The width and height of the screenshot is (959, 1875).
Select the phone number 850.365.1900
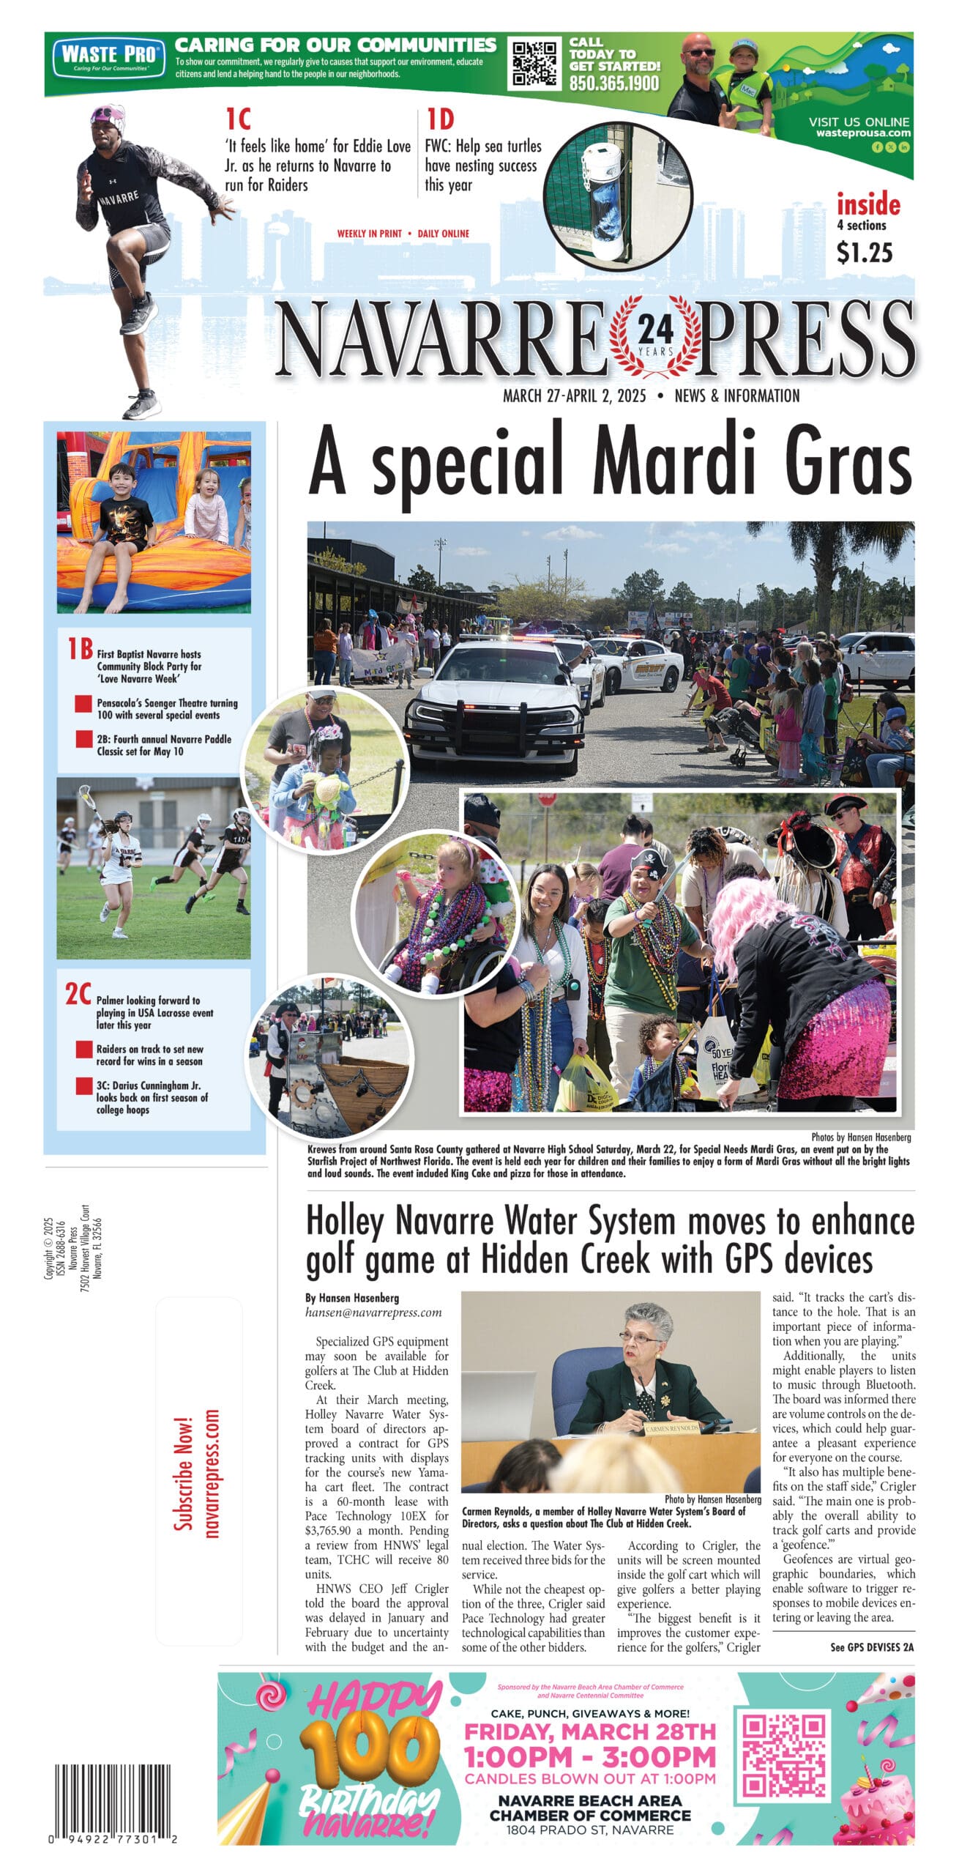(614, 83)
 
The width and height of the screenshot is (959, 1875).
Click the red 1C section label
(238, 119)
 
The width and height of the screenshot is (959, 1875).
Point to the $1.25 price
(865, 253)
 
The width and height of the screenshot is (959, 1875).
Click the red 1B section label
(80, 648)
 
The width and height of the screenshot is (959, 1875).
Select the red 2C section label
(78, 994)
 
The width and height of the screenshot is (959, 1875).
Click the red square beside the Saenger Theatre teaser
(83, 704)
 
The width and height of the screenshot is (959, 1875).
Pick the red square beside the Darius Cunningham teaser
(83, 1085)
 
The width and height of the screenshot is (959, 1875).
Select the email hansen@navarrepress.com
(373, 1312)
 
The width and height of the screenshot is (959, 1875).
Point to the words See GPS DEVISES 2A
(871, 1647)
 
